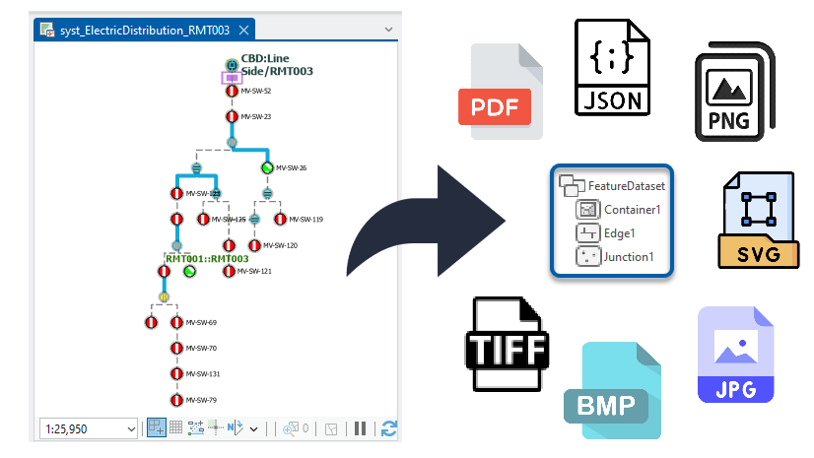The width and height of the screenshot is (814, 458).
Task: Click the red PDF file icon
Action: (500, 91)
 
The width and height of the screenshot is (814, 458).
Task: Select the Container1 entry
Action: (632, 210)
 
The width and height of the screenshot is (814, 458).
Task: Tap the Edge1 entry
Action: (620, 233)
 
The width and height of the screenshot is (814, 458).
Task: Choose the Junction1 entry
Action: (629, 257)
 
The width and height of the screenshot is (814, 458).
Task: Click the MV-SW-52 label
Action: (255, 91)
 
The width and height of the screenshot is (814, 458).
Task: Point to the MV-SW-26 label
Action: (291, 167)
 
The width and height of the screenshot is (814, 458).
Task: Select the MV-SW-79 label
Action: (200, 400)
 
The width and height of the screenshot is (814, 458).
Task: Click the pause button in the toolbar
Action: (361, 428)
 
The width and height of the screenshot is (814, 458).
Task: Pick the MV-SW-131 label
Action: (202, 374)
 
